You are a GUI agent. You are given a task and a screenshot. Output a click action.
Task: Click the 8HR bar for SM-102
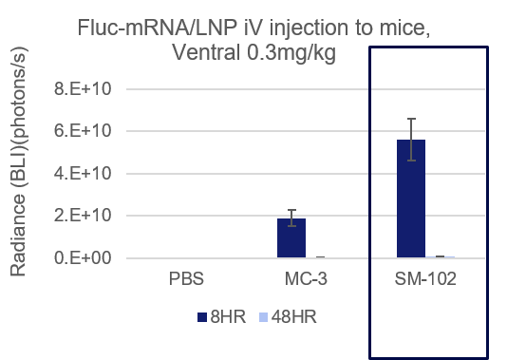point(411,199)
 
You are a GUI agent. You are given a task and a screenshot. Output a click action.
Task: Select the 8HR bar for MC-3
point(291,238)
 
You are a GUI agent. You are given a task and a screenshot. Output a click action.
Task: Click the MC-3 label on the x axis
point(303,281)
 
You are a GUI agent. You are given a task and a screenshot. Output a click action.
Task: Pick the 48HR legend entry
point(285,317)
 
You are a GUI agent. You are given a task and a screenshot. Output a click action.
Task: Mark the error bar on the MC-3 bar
point(291,216)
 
